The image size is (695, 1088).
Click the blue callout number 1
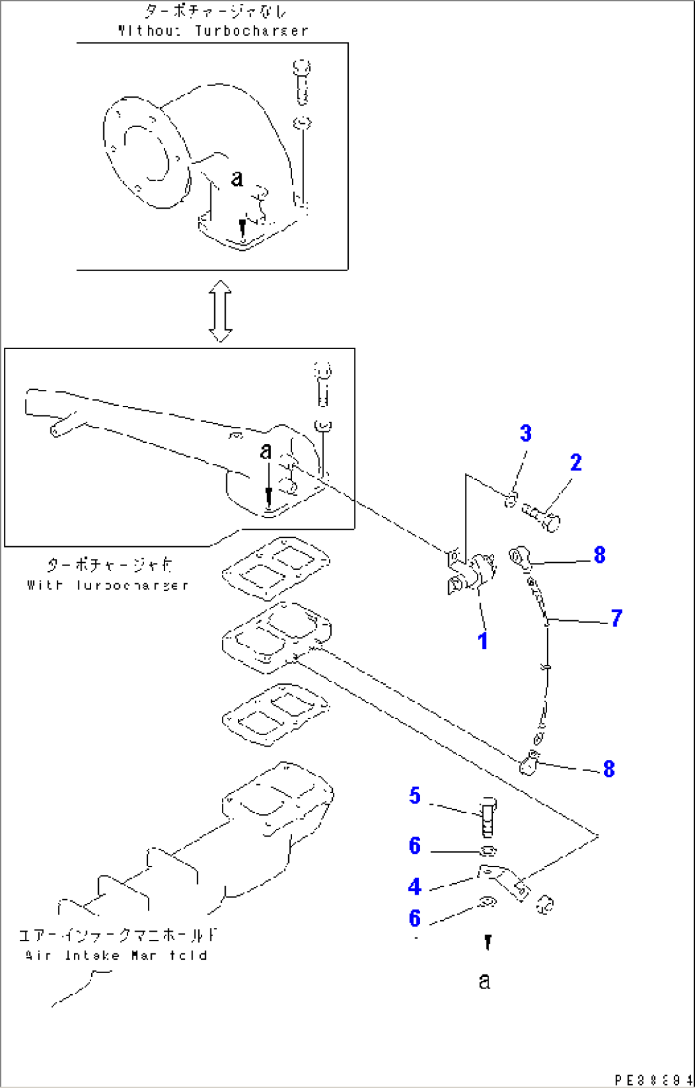(483, 641)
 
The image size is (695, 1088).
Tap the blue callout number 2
(576, 463)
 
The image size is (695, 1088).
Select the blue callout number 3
(525, 434)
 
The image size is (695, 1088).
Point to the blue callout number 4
(414, 886)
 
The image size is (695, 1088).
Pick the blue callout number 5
(415, 796)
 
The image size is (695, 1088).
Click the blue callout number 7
(616, 618)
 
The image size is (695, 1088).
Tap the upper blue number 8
(599, 555)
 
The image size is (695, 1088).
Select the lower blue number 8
(609, 769)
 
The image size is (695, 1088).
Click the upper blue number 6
(415, 846)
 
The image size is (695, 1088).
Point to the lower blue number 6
(415, 918)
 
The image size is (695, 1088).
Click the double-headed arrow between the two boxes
(221, 311)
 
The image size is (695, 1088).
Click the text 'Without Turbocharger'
(213, 31)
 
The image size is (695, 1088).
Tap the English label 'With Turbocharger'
(108, 585)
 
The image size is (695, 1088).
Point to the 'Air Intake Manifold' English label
(117, 955)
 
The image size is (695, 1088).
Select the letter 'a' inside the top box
(237, 178)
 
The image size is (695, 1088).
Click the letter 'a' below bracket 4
(485, 981)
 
